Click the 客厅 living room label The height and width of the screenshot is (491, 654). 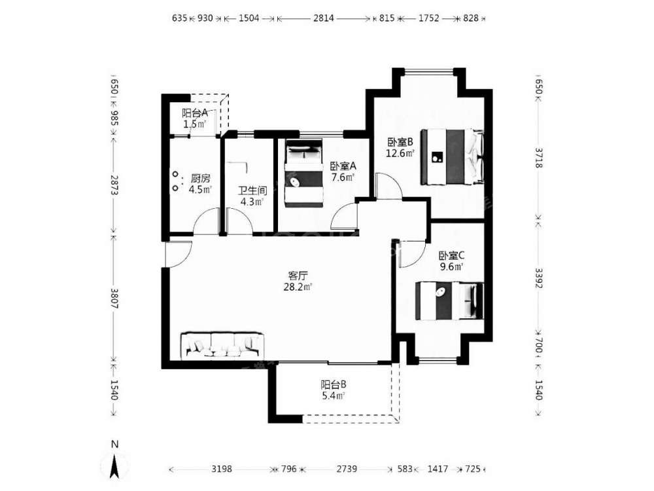point(298,276)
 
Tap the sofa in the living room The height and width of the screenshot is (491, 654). point(222,345)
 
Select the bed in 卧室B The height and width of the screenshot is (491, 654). point(452,156)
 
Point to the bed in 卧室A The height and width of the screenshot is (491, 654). point(304,173)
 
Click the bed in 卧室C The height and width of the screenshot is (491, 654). point(449,301)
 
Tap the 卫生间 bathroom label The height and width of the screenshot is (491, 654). point(252,191)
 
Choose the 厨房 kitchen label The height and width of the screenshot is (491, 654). point(200,179)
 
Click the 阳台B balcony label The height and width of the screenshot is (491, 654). point(334,384)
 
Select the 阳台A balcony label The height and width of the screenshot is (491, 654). point(195,113)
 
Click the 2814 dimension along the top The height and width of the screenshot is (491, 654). point(324,18)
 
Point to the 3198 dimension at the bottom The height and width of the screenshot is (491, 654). point(222,469)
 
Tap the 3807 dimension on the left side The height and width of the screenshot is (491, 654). point(114,298)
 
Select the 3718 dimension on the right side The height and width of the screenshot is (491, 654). point(539,158)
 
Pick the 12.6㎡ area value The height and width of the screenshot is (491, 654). point(400,153)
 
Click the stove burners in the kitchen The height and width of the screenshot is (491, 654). point(176,181)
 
